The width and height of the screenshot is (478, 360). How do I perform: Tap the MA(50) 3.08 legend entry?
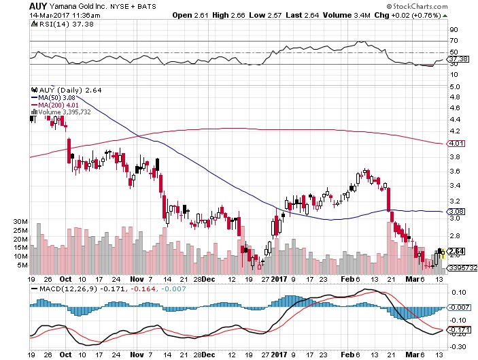tap(57, 97)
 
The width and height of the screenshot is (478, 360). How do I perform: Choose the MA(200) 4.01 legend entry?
tap(59, 105)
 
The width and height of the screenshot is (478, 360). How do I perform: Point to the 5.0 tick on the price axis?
tap(454, 86)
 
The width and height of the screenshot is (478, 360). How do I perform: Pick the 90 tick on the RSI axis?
tap(452, 29)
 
